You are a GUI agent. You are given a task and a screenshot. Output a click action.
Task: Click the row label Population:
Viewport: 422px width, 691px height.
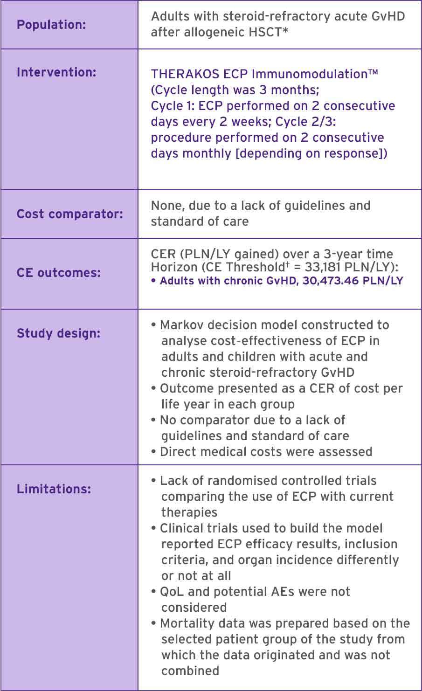pyautogui.click(x=51, y=25)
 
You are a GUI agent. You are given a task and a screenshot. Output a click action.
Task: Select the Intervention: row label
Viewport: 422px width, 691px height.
pyautogui.click(x=56, y=73)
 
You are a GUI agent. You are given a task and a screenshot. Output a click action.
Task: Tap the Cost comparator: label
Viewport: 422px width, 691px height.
pyautogui.click(x=70, y=214)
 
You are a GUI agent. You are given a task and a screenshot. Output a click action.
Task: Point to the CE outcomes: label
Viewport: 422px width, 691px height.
pyautogui.click(x=59, y=273)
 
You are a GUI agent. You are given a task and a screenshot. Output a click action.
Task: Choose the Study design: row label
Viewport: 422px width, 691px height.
pyautogui.click(x=58, y=333)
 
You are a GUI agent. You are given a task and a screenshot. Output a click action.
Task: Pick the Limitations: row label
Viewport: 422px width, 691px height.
pyautogui.click(x=54, y=489)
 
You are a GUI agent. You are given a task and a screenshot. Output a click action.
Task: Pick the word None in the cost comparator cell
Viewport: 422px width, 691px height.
pyautogui.click(x=165, y=206)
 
